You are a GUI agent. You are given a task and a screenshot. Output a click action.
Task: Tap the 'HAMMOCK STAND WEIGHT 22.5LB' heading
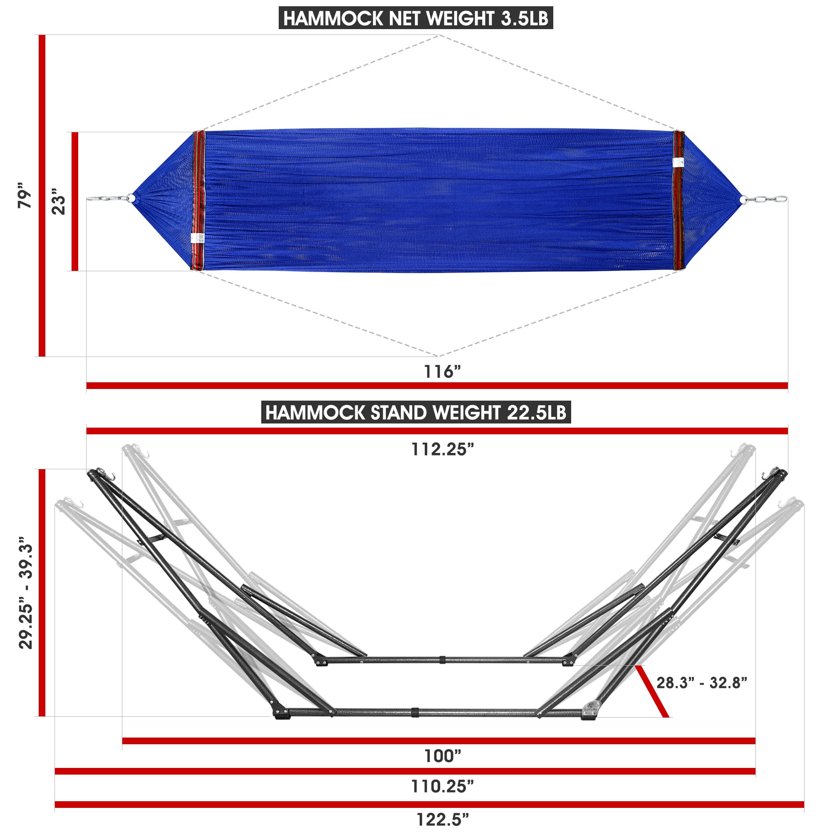tap(416, 412)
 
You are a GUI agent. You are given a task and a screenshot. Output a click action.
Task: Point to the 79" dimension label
tap(25, 196)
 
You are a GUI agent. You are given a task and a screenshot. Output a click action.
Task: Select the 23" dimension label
tap(59, 201)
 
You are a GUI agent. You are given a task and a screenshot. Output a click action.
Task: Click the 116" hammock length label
tap(442, 371)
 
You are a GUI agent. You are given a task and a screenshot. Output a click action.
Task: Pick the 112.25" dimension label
tap(442, 450)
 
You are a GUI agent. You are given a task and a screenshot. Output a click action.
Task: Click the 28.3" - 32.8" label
tap(701, 682)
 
